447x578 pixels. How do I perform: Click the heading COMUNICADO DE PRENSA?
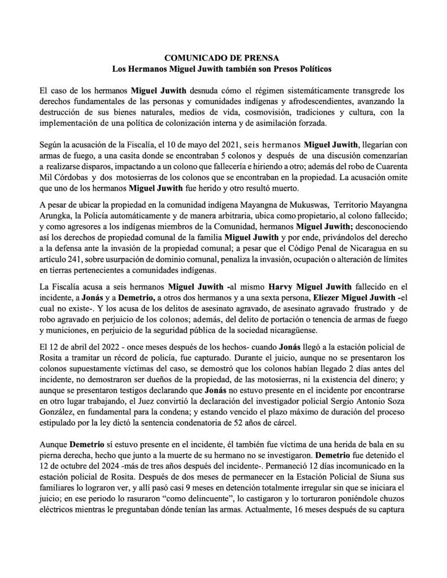click(223, 57)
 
